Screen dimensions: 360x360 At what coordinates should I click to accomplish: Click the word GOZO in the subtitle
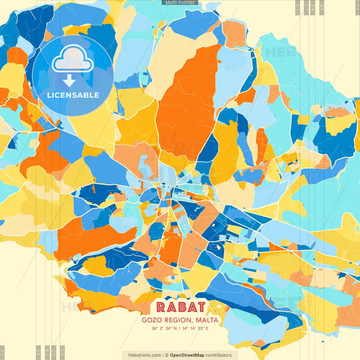click(x=151, y=320)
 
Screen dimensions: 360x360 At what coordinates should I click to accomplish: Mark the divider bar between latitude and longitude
click(x=180, y=330)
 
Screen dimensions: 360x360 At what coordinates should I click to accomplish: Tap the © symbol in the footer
click(x=165, y=355)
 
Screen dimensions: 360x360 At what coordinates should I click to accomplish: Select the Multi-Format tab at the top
click(x=180, y=3)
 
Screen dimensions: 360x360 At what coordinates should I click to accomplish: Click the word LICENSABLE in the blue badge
click(x=72, y=95)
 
